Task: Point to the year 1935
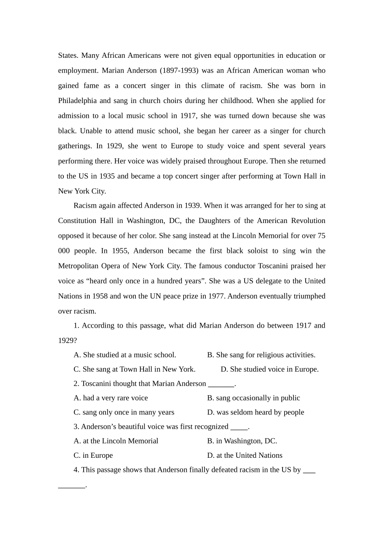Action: (x=107, y=176)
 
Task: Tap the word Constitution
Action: (x=77, y=221)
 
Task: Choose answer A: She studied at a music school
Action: (x=125, y=355)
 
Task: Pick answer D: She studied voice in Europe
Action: (x=270, y=369)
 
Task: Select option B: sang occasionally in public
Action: (x=253, y=398)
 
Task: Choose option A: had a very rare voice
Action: (x=111, y=398)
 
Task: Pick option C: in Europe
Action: (x=93, y=455)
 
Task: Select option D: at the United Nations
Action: (x=245, y=455)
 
